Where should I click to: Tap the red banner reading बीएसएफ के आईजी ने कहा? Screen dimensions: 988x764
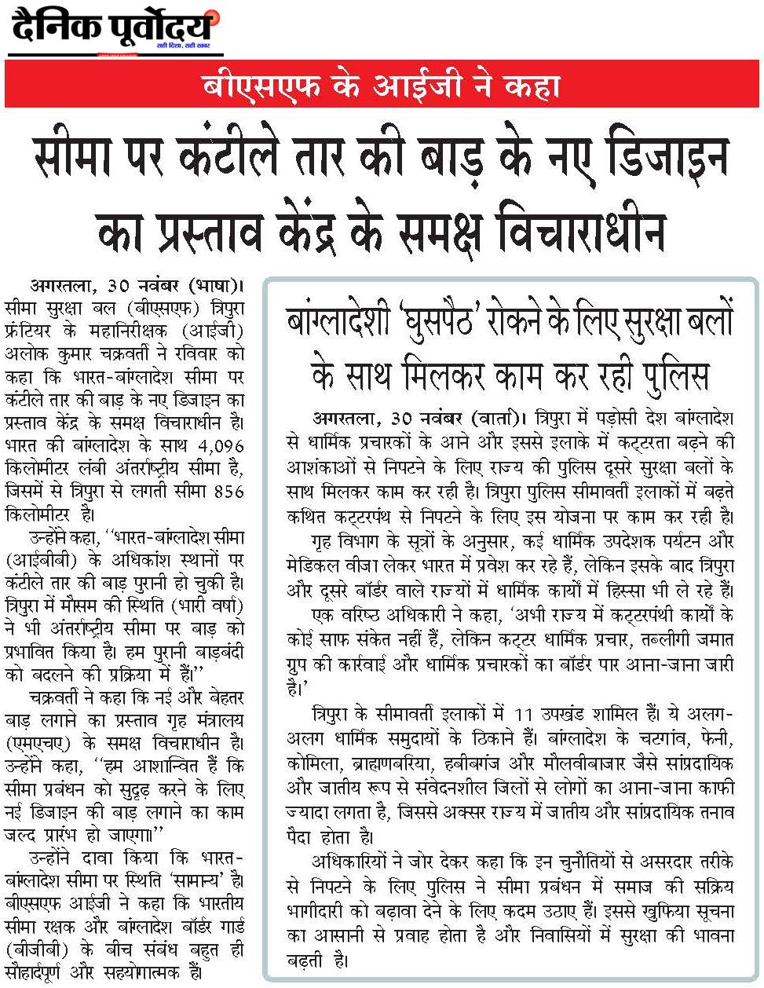381,84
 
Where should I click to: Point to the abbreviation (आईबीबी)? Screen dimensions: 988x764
37,561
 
